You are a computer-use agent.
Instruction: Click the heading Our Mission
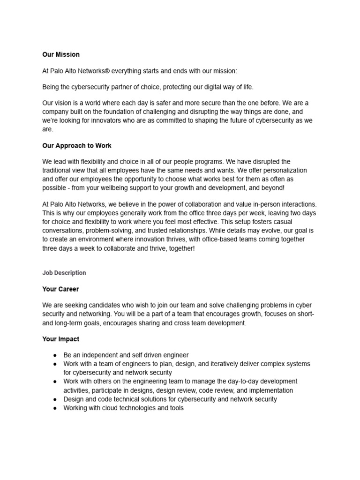click(61, 55)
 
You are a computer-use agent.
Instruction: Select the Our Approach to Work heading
click(77, 146)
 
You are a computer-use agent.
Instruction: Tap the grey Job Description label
click(64, 273)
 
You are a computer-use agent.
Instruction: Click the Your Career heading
click(60, 289)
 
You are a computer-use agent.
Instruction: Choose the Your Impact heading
click(60, 339)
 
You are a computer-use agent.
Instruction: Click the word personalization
click(284, 171)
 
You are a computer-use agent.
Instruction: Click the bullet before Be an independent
click(54, 355)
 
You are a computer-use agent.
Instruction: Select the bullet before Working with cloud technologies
click(54, 408)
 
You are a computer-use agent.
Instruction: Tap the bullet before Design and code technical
click(54, 399)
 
